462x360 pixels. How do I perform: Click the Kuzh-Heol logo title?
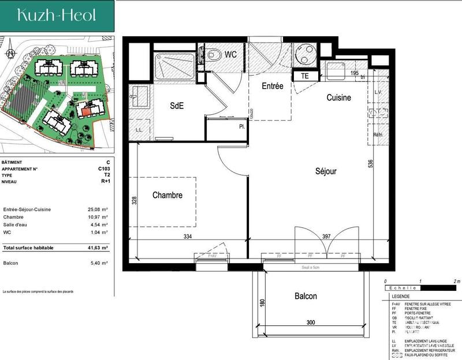point(57,15)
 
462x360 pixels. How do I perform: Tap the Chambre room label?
point(167,196)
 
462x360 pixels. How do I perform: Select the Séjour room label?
point(326,171)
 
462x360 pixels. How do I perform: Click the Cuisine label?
point(338,98)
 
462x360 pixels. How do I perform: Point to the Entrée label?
point(273,86)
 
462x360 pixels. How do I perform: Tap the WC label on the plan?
point(231,55)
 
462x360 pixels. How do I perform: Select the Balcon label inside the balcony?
point(305,297)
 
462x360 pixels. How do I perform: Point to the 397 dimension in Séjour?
point(326,236)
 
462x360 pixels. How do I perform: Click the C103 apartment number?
point(104,169)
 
